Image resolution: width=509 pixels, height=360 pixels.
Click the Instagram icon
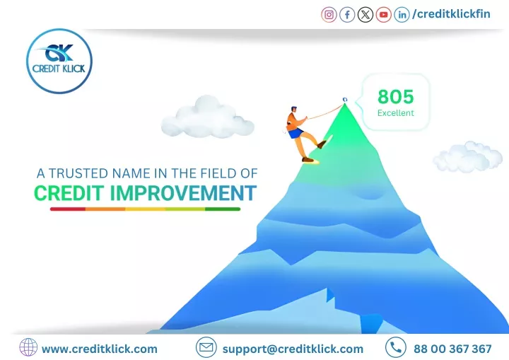click(329, 15)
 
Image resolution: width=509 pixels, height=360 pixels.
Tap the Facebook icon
click(347, 15)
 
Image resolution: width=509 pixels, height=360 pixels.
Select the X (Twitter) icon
click(365, 15)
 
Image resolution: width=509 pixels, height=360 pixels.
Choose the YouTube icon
click(383, 15)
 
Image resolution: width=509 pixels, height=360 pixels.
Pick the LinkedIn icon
click(402, 15)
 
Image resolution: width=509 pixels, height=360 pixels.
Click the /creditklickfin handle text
click(451, 14)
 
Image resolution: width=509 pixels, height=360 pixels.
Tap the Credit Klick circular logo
click(59, 61)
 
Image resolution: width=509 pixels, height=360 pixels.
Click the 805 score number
click(396, 96)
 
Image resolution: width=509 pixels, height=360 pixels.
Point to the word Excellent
click(396, 113)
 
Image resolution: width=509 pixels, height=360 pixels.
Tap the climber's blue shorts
click(296, 132)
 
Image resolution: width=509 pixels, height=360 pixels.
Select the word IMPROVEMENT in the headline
click(183, 193)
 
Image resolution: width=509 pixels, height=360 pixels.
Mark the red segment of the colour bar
click(68, 209)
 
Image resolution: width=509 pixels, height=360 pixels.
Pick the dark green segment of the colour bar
click(223, 209)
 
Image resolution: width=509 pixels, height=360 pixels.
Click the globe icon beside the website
click(28, 347)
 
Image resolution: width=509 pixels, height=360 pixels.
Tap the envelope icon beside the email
click(206, 347)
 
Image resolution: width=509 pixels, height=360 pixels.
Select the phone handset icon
click(396, 347)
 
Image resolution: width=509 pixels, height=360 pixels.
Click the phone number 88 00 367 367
click(452, 349)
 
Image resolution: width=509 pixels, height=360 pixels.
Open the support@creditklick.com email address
click(293, 349)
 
